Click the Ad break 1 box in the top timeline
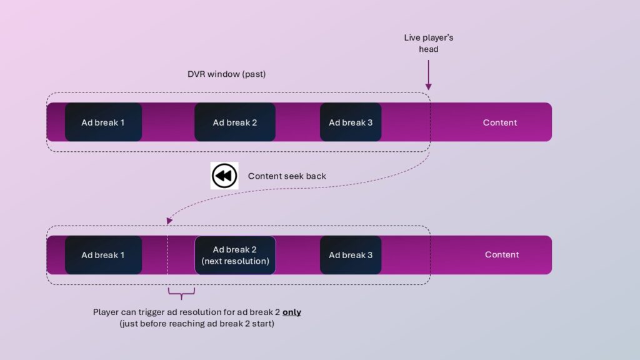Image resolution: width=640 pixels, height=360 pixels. (103, 122)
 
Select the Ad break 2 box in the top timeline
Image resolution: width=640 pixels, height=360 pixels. (234, 122)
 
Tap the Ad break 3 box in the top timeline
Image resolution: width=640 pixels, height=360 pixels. (351, 122)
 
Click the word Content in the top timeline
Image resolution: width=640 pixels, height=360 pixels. (500, 122)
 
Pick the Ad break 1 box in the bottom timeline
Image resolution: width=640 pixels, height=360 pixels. (103, 255)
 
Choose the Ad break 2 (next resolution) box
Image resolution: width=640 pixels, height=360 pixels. (234, 255)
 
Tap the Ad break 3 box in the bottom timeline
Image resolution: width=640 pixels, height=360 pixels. (351, 255)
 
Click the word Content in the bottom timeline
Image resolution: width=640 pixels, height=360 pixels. (502, 254)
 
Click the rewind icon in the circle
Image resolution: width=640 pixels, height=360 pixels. (224, 176)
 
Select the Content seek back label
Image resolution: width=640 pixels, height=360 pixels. (287, 176)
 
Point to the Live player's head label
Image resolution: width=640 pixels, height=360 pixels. (429, 43)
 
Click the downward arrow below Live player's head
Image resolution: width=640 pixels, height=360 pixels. (429, 77)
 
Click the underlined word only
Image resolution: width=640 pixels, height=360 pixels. (291, 312)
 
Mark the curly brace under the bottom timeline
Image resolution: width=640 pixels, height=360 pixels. (181, 291)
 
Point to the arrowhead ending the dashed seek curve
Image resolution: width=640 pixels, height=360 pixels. (169, 221)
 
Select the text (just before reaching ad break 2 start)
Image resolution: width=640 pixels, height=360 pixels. (197, 324)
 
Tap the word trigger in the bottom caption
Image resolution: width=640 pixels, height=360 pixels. (154, 312)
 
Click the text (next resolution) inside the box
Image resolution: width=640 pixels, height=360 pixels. (234, 261)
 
